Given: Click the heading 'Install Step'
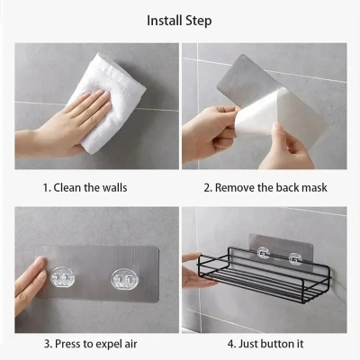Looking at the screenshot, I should (180, 19).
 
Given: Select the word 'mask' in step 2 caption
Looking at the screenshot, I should (311, 187).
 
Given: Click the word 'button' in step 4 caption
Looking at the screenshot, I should (280, 343).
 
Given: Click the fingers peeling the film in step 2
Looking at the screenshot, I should (207, 135).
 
